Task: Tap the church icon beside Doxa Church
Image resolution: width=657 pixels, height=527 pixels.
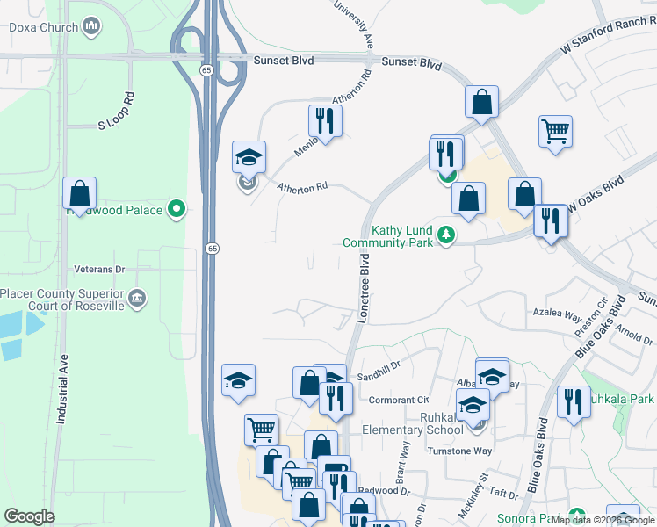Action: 91,27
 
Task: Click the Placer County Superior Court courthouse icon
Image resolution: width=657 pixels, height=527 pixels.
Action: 138,300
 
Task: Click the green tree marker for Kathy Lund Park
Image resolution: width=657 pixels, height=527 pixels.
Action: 447,235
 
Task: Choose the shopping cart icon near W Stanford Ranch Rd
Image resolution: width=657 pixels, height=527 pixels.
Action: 556,133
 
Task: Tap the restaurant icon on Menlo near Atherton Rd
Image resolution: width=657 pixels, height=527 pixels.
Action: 325,123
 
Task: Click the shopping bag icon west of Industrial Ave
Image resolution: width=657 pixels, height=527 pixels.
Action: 79,193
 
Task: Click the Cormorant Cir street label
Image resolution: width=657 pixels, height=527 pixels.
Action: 399,400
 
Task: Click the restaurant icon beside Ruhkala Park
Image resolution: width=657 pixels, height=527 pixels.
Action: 574,403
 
